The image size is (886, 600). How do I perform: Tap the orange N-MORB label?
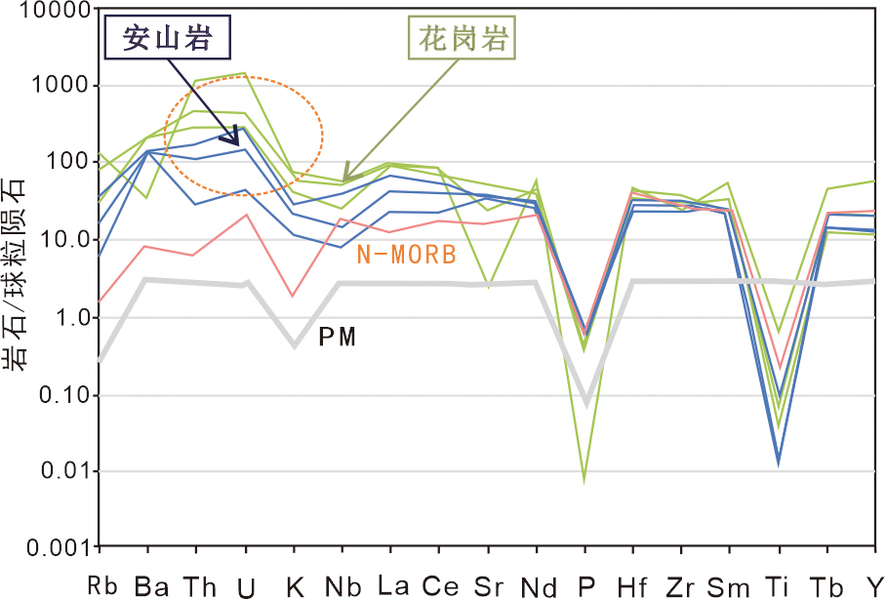point(406,256)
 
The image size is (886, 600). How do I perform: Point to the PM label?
point(337,338)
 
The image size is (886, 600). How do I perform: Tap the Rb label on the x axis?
point(101,585)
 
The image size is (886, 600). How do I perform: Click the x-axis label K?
point(295,585)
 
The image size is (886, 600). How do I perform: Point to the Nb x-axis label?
point(343,585)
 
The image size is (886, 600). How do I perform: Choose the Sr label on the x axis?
point(488,585)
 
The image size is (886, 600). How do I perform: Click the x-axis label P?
point(585,585)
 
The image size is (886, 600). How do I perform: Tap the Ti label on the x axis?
point(778,585)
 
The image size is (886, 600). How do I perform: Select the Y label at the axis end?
point(873,585)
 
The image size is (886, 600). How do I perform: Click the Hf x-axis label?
point(632,585)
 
